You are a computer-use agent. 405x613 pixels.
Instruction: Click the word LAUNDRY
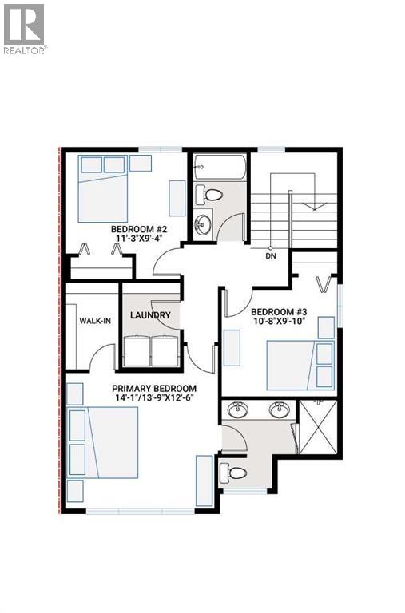(150, 315)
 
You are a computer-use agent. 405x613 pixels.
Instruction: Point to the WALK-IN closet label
(94, 321)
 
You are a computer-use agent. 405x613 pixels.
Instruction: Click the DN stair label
(270, 257)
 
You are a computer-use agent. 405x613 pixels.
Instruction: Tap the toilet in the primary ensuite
(235, 472)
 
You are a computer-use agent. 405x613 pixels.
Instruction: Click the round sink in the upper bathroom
(202, 221)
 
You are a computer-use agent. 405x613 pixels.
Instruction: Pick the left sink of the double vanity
(237, 410)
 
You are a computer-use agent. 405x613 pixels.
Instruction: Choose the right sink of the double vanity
(279, 410)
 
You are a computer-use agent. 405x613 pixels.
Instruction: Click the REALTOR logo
(24, 27)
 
